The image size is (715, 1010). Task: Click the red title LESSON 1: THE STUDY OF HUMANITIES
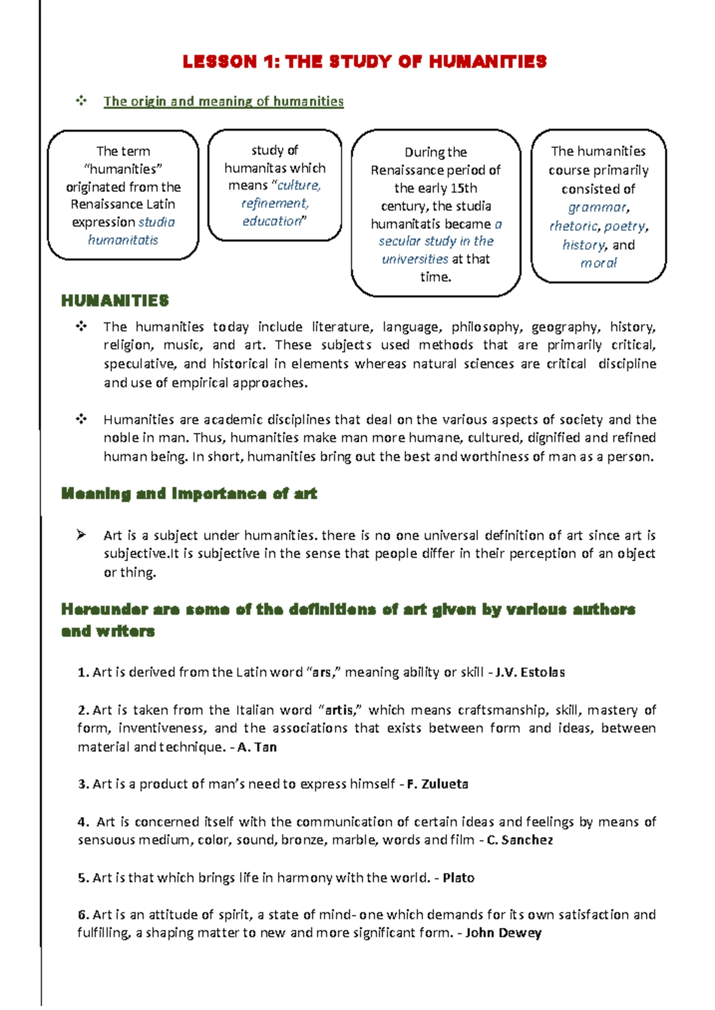[x=364, y=61]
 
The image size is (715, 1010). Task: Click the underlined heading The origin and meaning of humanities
[x=223, y=101]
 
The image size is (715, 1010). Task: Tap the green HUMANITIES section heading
[x=115, y=300]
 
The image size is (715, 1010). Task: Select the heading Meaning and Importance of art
[x=189, y=494]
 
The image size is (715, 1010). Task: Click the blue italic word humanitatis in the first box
[x=123, y=240]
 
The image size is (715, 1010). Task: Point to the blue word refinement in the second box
[x=275, y=203]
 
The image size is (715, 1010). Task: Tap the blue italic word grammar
[x=598, y=207]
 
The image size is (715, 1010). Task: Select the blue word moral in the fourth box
[x=598, y=263]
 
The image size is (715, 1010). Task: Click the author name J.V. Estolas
[x=530, y=673]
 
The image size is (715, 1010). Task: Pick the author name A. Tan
[x=257, y=747]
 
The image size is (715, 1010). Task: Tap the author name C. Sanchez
[x=520, y=840]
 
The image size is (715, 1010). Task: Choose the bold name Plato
[x=458, y=878]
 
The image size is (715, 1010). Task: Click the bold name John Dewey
[x=503, y=933]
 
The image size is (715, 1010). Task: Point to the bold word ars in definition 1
[x=321, y=673]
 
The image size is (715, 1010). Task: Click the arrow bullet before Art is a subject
[x=81, y=535]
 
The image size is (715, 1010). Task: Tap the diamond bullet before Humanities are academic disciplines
[x=81, y=419]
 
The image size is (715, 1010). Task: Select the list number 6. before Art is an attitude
[x=83, y=915]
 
